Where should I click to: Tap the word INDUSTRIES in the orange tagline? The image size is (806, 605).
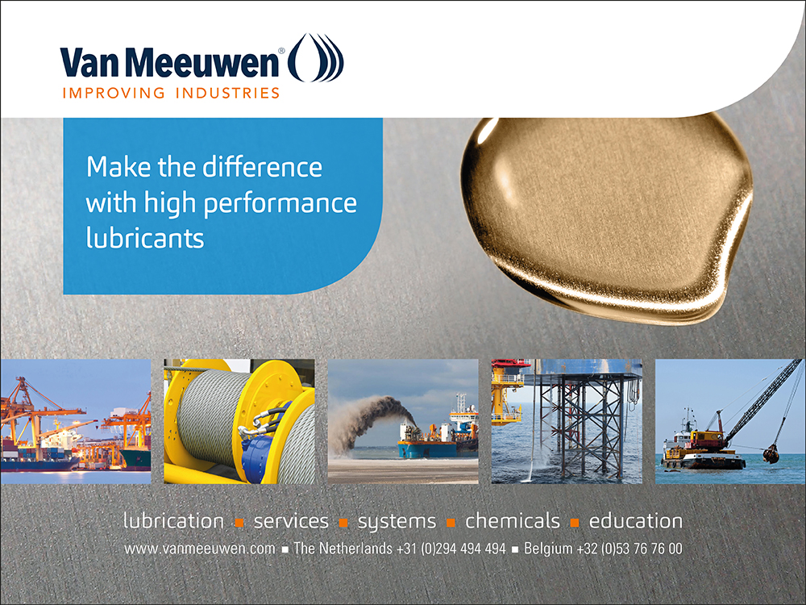(227, 93)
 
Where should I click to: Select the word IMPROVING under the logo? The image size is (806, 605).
(114, 93)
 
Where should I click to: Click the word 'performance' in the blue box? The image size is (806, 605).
(280, 204)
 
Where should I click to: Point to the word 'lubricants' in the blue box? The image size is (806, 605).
(145, 238)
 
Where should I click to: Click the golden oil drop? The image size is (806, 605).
(607, 219)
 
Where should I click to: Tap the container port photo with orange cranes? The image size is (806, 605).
(76, 421)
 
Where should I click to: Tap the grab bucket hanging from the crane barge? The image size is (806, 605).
(771, 453)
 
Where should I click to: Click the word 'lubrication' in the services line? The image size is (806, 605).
(174, 521)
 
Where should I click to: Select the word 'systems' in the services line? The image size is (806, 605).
(397, 522)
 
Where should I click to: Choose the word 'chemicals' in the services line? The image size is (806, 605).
(513, 521)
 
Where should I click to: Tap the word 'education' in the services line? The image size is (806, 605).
(636, 521)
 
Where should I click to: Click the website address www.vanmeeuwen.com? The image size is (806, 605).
(200, 549)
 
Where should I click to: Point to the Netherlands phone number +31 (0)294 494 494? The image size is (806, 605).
(451, 549)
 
